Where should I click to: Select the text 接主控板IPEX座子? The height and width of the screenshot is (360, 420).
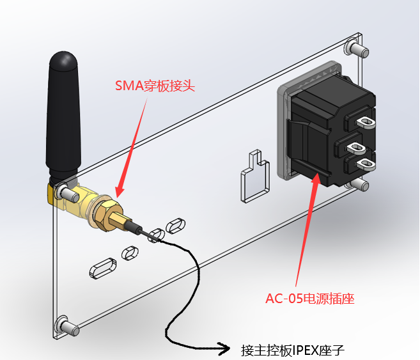293,350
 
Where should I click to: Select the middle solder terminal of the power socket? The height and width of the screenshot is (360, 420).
354,149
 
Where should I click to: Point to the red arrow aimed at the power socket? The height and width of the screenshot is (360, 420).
306,230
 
